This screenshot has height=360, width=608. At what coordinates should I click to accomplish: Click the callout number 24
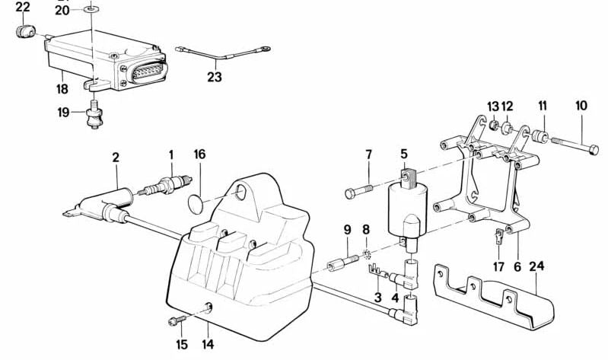click(536, 266)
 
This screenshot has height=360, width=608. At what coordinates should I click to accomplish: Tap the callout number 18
click(62, 89)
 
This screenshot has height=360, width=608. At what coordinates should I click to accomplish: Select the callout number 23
click(215, 76)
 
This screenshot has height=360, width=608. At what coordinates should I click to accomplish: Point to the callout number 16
click(199, 155)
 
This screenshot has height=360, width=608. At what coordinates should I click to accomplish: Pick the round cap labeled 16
click(197, 204)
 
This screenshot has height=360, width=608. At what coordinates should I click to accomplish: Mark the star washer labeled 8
click(366, 253)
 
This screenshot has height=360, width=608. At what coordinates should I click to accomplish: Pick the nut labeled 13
click(494, 126)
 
